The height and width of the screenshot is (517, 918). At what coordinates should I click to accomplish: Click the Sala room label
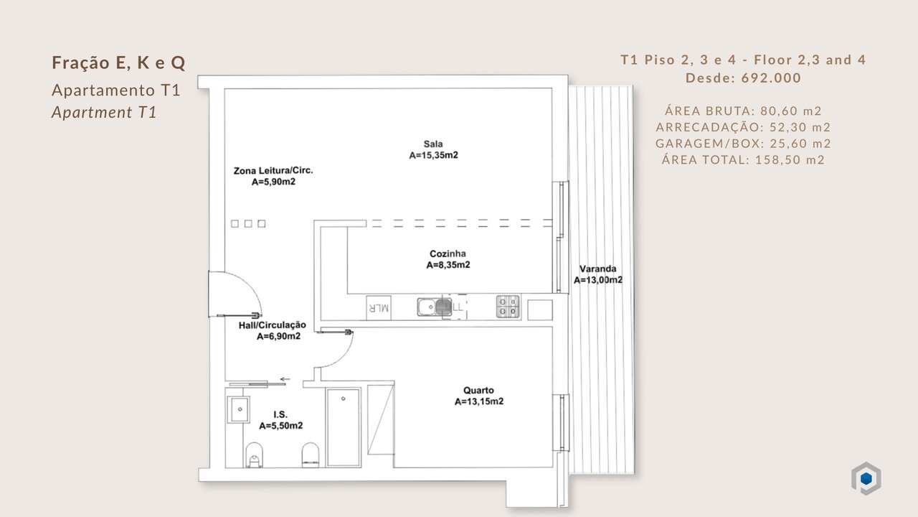pyautogui.click(x=433, y=144)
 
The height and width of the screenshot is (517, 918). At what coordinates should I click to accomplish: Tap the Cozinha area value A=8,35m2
pyautogui.click(x=448, y=265)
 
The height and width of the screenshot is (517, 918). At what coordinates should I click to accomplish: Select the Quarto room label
pyautogui.click(x=478, y=390)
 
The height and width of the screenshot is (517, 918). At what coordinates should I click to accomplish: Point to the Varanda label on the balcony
pyautogui.click(x=597, y=269)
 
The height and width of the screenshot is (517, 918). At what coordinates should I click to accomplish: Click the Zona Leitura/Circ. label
pyautogui.click(x=273, y=170)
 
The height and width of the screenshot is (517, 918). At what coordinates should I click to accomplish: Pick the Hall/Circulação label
pyautogui.click(x=273, y=325)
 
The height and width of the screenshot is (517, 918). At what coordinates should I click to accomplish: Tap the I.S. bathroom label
pyautogui.click(x=280, y=414)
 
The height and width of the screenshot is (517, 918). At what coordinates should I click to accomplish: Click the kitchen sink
pyautogui.click(x=435, y=307)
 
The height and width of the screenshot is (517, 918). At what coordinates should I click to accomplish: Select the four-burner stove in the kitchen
pyautogui.click(x=508, y=307)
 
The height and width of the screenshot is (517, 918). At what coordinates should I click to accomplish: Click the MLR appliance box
pyautogui.click(x=379, y=308)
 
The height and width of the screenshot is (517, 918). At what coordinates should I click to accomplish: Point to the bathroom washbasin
pyautogui.click(x=239, y=409)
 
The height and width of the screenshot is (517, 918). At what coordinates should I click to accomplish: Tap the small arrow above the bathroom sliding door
pyautogui.click(x=285, y=379)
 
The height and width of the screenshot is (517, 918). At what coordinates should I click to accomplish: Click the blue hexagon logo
pyautogui.click(x=866, y=478)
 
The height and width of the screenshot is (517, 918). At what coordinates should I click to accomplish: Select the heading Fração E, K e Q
pyautogui.click(x=119, y=62)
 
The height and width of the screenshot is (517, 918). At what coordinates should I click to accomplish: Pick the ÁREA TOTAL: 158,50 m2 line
pyautogui.click(x=743, y=159)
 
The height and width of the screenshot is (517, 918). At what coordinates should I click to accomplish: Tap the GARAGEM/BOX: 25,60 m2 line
pyautogui.click(x=743, y=143)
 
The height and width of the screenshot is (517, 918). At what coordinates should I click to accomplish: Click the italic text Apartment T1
pyautogui.click(x=104, y=113)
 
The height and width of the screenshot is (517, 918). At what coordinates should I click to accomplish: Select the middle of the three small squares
pyautogui.click(x=248, y=223)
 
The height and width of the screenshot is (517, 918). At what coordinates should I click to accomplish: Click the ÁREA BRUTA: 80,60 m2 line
pyautogui.click(x=743, y=111)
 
